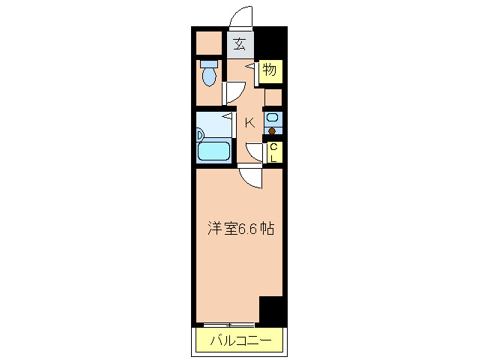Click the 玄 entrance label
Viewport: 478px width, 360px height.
point(239,43)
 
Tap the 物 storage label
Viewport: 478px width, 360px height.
point(270,70)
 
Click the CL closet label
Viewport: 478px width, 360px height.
point(273,152)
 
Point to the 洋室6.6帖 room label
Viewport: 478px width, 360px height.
point(240,229)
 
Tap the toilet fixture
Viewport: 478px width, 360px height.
point(208,73)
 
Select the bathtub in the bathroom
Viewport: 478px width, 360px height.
point(213,151)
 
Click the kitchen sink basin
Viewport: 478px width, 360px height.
point(272,118)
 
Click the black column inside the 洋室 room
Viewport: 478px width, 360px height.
point(270,308)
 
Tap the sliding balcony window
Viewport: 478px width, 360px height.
point(229,324)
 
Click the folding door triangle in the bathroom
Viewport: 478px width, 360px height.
point(225,115)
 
